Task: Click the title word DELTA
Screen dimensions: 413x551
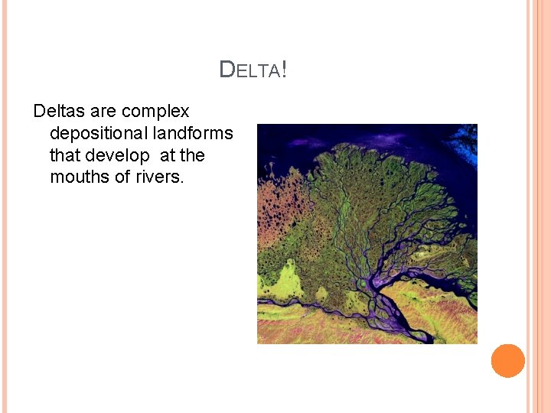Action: (x=249, y=70)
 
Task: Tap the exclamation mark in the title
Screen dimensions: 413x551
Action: (x=284, y=70)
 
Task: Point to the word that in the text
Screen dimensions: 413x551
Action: (x=65, y=155)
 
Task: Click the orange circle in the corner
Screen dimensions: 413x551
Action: (x=508, y=361)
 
